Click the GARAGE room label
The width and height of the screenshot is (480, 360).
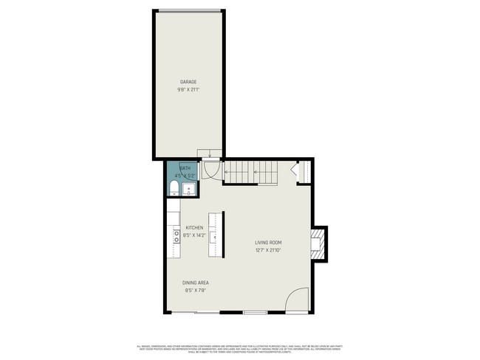pyautogui.click(x=188, y=81)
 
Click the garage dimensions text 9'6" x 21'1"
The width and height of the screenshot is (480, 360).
pyautogui.click(x=188, y=89)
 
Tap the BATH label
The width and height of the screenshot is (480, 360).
pyautogui.click(x=185, y=168)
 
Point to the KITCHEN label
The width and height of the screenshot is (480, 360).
pyautogui.click(x=194, y=227)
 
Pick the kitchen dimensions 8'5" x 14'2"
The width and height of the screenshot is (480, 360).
pyautogui.click(x=194, y=235)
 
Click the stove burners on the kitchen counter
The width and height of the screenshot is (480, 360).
pyautogui.click(x=176, y=236)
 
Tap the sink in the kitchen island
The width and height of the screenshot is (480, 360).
pyautogui.click(x=212, y=237)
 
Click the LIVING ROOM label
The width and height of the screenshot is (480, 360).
pyautogui.click(x=268, y=242)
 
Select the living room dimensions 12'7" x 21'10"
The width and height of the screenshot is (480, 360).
pyautogui.click(x=268, y=250)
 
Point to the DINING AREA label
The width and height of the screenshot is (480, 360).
pyautogui.click(x=194, y=283)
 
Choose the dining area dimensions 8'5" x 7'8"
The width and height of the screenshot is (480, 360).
pyautogui.click(x=194, y=291)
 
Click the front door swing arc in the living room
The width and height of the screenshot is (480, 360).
pyautogui.click(x=298, y=300)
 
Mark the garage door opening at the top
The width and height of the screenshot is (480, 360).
pyautogui.click(x=188, y=10)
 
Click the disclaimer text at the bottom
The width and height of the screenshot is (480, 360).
pyautogui.click(x=240, y=347)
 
